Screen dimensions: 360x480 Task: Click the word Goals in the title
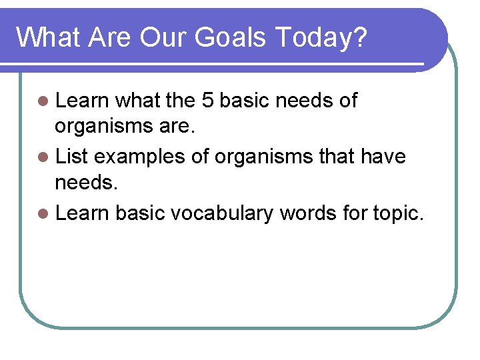point(231,38)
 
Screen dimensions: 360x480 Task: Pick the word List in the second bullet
point(72,157)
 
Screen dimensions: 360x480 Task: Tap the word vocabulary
point(221,213)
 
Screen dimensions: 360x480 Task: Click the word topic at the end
point(397,213)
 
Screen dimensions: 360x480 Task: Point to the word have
point(382,157)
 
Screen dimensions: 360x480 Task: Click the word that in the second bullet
point(337,157)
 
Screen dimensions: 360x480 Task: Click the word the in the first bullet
point(180,101)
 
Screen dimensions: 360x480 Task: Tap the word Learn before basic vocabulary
point(82,213)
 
